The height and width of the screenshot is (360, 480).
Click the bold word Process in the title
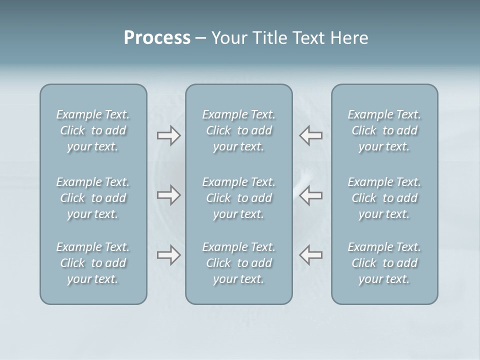click(157, 38)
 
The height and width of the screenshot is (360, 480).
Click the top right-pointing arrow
click(168, 135)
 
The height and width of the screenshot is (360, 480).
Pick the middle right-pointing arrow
click(168, 195)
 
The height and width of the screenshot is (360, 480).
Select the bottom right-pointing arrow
click(168, 255)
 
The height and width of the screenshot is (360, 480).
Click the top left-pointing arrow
click(311, 135)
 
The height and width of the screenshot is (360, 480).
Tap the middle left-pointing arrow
click(311, 195)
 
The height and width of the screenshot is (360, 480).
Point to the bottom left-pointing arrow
click(311, 255)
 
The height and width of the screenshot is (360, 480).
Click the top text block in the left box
click(93, 130)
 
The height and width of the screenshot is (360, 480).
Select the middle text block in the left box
click(93, 198)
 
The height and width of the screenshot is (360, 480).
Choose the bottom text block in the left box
click(93, 263)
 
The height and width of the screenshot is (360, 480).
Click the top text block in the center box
click(239, 130)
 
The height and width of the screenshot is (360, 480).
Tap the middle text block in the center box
click(239, 198)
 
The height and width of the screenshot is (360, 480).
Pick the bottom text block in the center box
click(239, 263)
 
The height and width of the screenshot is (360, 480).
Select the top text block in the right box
click(384, 130)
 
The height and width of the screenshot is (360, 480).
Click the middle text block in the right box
click(384, 198)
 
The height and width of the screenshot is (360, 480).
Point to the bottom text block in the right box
click(384, 263)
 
